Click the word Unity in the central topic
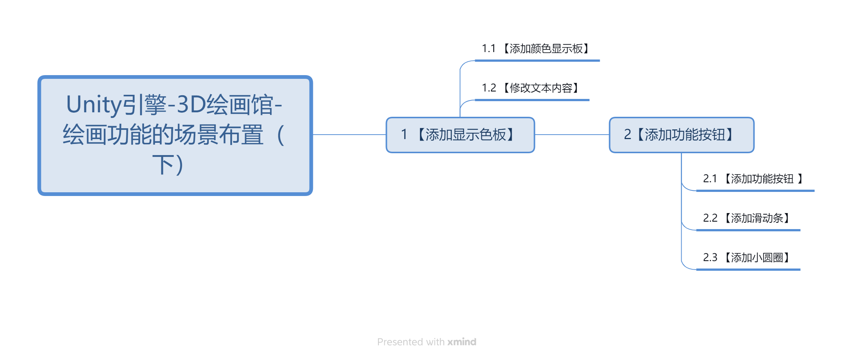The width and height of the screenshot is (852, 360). click(x=94, y=105)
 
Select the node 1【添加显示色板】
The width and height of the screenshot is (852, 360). click(x=460, y=135)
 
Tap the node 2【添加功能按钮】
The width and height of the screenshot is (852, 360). click(x=682, y=135)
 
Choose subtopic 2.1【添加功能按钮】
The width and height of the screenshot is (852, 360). click(x=753, y=179)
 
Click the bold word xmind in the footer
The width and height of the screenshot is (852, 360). click(x=462, y=342)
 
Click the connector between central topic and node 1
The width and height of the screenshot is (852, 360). click(x=349, y=135)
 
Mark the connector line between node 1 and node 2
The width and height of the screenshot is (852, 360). click(x=572, y=135)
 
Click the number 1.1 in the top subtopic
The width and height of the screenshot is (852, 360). click(x=489, y=49)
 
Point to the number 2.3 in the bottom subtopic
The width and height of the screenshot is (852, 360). click(x=710, y=258)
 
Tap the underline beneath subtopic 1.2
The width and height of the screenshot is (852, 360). click(x=532, y=100)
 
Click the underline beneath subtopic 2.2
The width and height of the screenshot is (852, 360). click(x=748, y=230)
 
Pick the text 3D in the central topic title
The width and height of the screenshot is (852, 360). click(x=191, y=105)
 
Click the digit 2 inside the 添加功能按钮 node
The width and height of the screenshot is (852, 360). click(x=628, y=135)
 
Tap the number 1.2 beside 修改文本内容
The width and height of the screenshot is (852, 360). click(x=489, y=88)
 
